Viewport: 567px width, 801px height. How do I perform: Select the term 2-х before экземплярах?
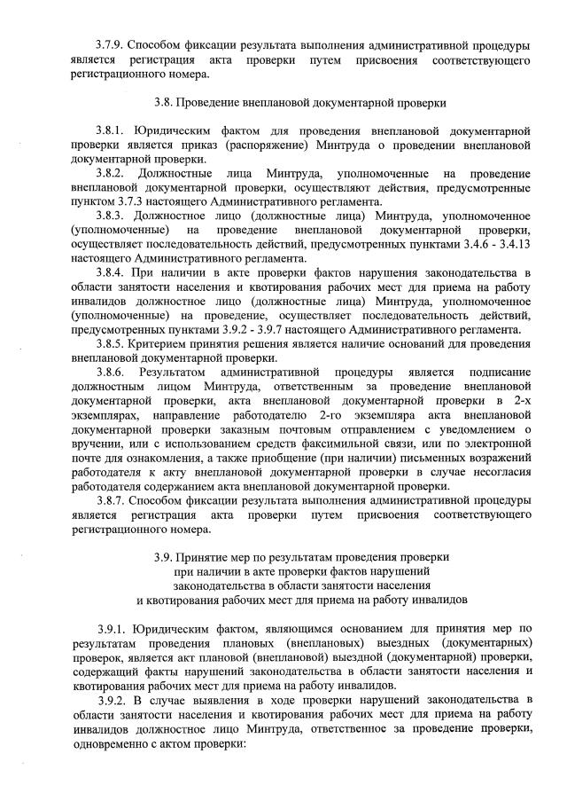pos(521,400)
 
